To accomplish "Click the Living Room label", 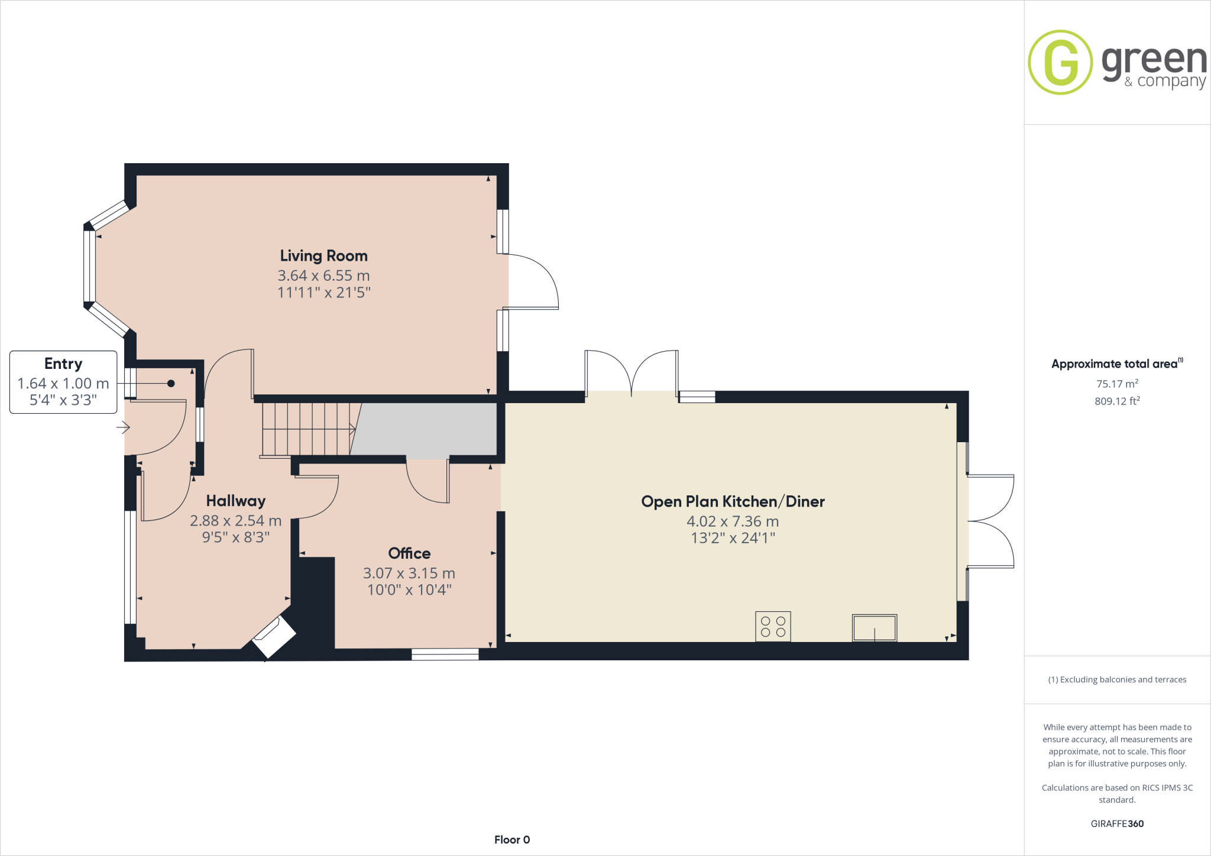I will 323,256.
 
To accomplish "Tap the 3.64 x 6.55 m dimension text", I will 323,275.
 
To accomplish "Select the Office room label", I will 409,553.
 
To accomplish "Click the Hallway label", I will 235,501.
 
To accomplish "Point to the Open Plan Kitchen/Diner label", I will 733,501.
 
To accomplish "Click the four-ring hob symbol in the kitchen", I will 773,627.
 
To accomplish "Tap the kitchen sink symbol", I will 874,628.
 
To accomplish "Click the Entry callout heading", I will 63,364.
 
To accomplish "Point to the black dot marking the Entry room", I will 171,384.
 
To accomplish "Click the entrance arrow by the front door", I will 123,427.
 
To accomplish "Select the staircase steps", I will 307,429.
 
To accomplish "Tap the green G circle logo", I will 1060,62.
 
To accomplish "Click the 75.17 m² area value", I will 1117,384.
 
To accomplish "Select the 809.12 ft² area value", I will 1117,401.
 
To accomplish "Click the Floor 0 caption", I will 512,839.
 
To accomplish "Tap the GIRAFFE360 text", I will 1117,823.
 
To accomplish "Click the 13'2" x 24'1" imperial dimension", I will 733,538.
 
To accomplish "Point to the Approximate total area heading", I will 1115,364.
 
